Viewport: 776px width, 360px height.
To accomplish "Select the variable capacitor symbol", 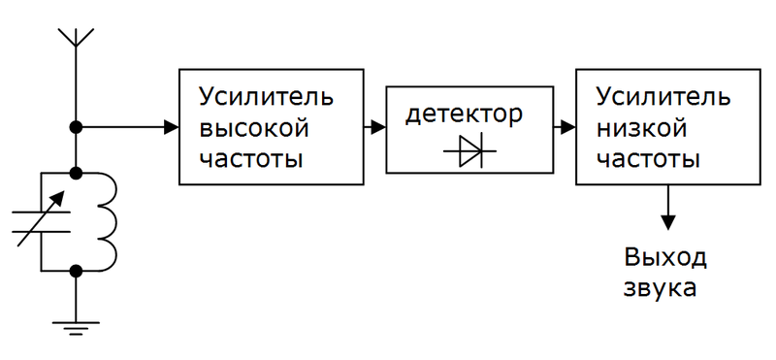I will click(41, 221).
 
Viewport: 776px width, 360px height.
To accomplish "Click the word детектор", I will click(464, 115).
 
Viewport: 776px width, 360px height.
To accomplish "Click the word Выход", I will click(665, 258).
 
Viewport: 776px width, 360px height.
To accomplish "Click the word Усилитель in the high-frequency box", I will click(266, 97).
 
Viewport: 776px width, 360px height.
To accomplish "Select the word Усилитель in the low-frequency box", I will click(663, 97).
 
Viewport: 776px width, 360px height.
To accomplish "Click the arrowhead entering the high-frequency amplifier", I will click(172, 126).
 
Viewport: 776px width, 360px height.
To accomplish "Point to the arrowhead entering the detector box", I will click(378, 126).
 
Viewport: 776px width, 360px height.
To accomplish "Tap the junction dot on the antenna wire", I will click(75, 126).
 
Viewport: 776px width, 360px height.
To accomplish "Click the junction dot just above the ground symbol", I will click(75, 271).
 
